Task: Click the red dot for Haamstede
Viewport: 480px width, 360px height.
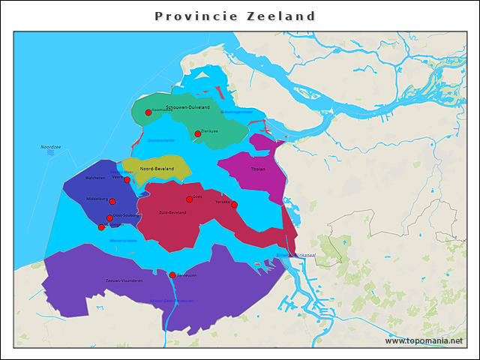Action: click(148, 112)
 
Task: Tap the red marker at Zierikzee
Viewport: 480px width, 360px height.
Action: click(198, 134)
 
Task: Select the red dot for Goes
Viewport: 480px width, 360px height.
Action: click(189, 199)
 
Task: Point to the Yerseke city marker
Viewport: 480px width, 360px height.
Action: click(234, 205)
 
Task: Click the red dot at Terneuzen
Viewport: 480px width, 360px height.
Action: click(172, 275)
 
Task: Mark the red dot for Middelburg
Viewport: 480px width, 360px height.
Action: click(112, 201)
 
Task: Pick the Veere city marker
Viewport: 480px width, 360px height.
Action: click(127, 180)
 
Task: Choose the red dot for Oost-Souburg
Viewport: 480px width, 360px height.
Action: click(109, 218)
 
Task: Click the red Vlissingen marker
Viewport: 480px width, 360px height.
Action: click(101, 227)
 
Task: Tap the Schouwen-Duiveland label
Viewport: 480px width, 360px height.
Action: click(188, 107)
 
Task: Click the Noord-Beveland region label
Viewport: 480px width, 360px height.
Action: click(157, 169)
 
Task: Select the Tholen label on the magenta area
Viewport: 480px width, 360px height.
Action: click(258, 169)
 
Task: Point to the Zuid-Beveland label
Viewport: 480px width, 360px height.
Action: click(172, 212)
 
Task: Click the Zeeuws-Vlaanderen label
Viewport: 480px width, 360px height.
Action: click(124, 280)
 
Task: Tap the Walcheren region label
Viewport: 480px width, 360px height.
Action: click(95, 178)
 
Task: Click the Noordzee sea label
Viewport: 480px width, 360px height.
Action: click(51, 147)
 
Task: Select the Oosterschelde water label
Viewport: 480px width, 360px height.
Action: click(161, 140)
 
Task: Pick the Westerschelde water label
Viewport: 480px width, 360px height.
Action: click(123, 241)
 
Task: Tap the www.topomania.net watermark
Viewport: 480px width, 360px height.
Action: click(424, 340)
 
